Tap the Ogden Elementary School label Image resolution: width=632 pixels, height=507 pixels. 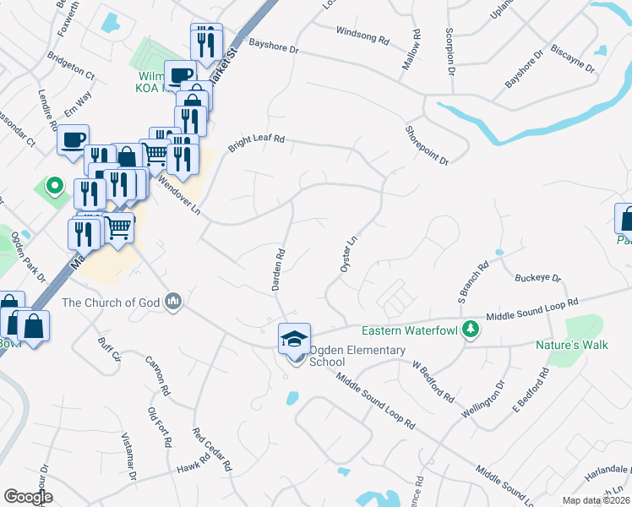coord(345,356)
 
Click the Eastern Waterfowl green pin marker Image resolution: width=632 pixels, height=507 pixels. coord(471,330)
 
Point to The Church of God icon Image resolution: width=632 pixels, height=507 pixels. coord(174,302)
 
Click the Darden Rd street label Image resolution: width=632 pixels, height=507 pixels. coord(277,269)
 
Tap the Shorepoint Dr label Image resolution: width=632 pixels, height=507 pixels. coord(426,144)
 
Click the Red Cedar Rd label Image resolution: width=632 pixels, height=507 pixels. coord(212,449)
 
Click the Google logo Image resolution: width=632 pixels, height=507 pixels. coord(28,497)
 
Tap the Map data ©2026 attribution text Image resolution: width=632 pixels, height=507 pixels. coord(595,500)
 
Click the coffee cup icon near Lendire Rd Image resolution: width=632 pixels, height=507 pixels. coord(74,139)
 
